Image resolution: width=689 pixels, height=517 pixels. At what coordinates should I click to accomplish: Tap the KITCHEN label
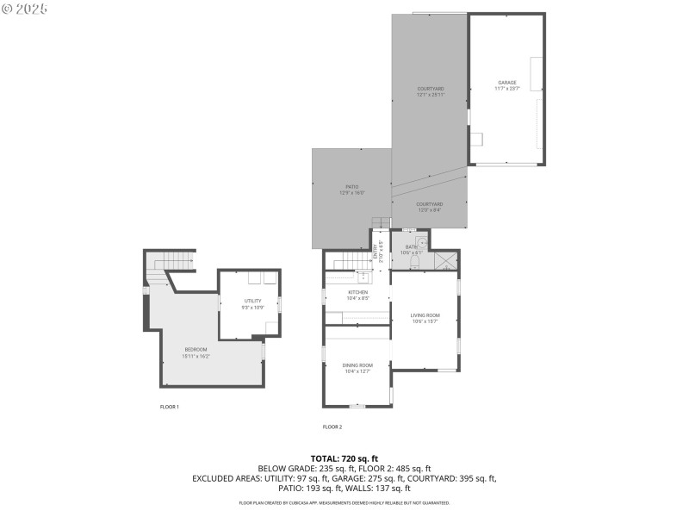point(357,292)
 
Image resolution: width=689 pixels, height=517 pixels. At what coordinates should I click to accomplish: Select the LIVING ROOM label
point(425,315)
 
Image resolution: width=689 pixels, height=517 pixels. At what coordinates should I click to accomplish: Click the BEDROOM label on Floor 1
point(196,348)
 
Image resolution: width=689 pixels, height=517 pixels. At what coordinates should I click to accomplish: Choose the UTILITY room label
point(251,301)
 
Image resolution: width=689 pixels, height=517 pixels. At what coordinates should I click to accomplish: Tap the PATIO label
point(352,186)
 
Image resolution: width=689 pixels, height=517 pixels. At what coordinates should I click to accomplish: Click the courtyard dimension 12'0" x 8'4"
point(430,209)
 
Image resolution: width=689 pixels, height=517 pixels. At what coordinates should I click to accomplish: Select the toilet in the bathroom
point(414,261)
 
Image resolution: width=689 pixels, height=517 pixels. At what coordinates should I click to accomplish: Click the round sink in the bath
point(421,243)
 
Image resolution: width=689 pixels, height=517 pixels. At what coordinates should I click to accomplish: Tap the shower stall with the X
point(446,261)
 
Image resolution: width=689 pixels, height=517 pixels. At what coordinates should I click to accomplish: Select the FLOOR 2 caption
point(332,427)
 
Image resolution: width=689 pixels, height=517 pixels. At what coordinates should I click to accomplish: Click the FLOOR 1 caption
point(170,406)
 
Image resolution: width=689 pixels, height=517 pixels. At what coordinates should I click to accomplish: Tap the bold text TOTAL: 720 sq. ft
point(344,458)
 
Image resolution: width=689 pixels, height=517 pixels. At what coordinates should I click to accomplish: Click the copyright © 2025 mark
point(25,9)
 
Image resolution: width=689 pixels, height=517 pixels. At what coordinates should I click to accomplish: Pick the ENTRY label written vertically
point(376,251)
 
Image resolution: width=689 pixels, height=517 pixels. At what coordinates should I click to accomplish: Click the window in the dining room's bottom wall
point(357,405)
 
